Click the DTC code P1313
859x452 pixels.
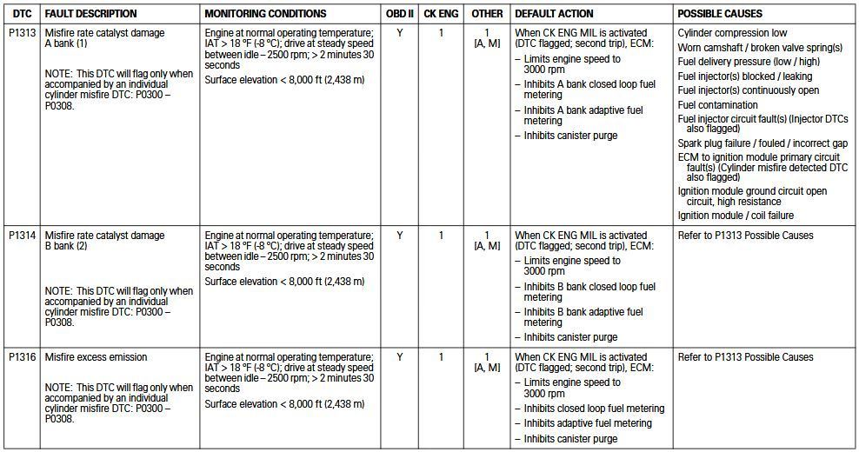coord(22,34)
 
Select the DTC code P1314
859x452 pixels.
coord(22,236)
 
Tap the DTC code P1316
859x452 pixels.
coord(22,357)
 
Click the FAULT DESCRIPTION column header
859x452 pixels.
coord(90,14)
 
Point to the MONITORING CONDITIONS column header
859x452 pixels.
coord(265,14)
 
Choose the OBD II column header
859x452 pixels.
coord(400,14)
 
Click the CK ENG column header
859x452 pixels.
coord(441,14)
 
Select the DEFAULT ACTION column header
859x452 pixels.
coord(554,14)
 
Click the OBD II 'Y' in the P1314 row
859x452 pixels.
coord(400,236)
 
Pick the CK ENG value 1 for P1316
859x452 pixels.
coord(441,357)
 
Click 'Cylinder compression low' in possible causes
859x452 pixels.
coord(732,33)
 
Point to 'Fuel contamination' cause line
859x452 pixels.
coord(719,105)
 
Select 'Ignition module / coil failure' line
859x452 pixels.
coord(736,216)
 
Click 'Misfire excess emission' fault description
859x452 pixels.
coord(96,357)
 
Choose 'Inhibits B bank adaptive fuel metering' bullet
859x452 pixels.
coord(583,317)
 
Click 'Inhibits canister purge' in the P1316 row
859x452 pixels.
coord(570,439)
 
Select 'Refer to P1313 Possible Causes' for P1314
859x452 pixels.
coord(745,236)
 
